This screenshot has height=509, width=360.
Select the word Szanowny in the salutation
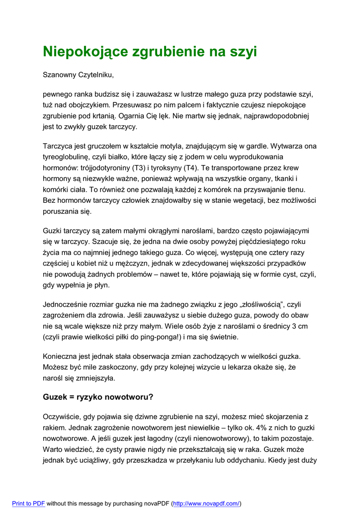click(x=59, y=75)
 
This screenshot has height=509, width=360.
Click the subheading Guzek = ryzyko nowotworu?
click(x=98, y=397)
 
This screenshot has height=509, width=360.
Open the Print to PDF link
click(x=28, y=504)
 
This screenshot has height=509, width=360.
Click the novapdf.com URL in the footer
click(x=206, y=504)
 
